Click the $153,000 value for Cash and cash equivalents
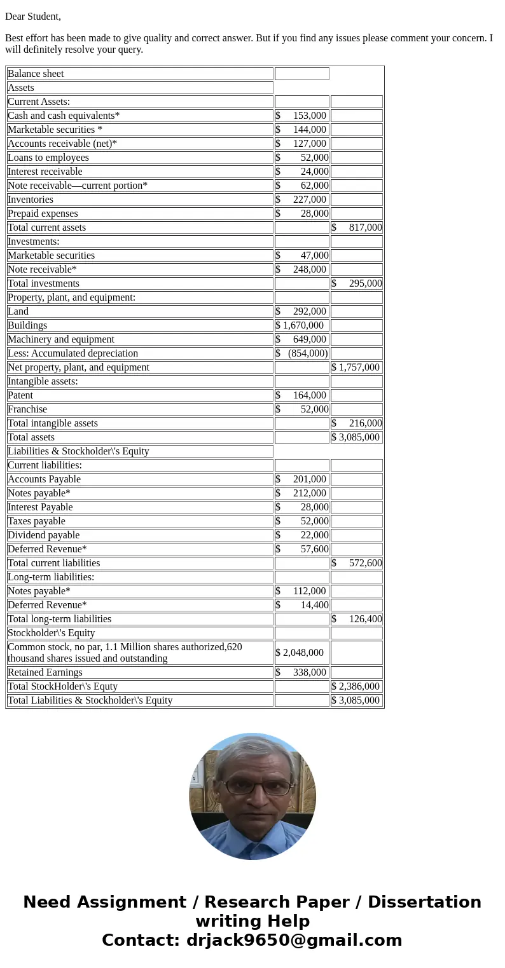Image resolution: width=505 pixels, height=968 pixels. [x=301, y=116]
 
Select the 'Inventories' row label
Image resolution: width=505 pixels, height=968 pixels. [x=31, y=200]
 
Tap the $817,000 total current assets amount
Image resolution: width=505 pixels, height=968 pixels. [x=356, y=228]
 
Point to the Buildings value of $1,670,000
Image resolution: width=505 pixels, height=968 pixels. [x=300, y=325]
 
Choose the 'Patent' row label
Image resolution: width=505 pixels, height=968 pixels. [x=20, y=395]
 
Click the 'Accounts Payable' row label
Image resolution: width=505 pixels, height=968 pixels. [x=44, y=479]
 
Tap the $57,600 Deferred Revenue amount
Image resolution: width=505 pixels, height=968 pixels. [x=301, y=549]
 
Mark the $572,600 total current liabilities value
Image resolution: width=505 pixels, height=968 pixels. [x=356, y=563]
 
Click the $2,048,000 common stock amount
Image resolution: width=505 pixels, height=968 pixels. [x=300, y=653]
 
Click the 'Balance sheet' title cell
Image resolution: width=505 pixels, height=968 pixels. [x=36, y=74]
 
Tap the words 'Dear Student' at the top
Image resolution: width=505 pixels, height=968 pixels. [x=33, y=17]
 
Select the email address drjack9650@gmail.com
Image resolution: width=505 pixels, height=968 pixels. [x=294, y=941]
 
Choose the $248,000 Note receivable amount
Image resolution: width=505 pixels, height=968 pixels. [x=301, y=269]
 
